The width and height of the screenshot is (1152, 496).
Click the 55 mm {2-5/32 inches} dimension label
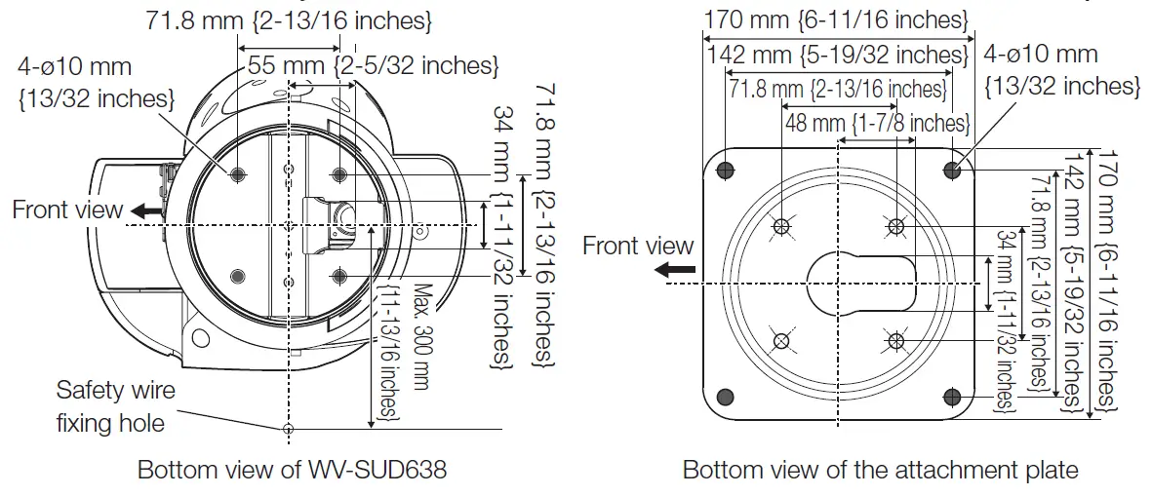pyautogui.click(x=374, y=66)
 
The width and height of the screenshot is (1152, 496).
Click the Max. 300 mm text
pyautogui.click(x=421, y=337)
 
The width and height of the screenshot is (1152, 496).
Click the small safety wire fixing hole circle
pyautogui.click(x=287, y=429)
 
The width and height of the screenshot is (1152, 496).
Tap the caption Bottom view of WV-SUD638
pyautogui.click(x=292, y=471)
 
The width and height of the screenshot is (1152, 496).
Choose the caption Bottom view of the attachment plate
pyautogui.click(x=880, y=471)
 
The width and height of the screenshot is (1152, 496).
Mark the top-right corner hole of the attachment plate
pyautogui.click(x=952, y=170)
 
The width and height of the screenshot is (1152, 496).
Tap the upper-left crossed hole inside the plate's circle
pyautogui.click(x=780, y=227)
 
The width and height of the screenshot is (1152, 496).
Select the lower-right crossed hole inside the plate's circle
pyautogui.click(x=894, y=340)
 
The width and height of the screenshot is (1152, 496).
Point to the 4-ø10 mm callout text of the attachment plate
pyautogui.click(x=1061, y=70)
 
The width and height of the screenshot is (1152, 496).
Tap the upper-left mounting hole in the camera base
pyautogui.click(x=238, y=175)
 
